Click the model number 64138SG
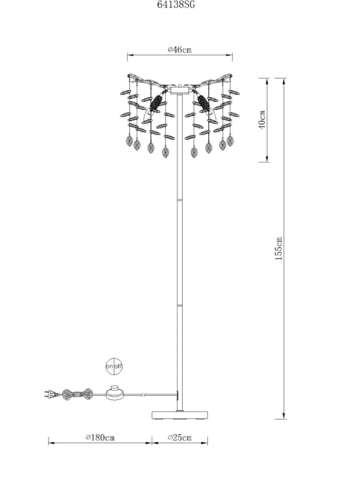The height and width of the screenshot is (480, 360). (176, 4)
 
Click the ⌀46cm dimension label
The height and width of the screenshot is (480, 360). (179, 49)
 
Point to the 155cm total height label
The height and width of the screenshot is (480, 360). (279, 248)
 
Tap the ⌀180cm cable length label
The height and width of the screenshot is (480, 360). (100, 437)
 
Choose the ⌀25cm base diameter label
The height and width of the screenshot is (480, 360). (180, 437)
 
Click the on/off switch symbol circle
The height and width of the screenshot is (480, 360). (114, 366)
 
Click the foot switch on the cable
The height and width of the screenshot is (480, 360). (115, 392)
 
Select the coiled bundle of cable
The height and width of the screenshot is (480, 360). (77, 394)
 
